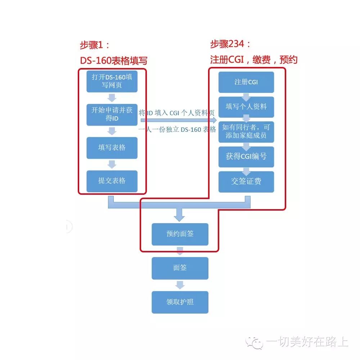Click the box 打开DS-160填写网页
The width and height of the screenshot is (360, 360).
click(112, 81)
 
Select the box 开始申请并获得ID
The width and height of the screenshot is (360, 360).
click(112, 114)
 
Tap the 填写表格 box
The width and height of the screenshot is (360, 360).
click(112, 148)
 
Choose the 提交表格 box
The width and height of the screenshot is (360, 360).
click(112, 181)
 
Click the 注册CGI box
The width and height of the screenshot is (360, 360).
click(246, 82)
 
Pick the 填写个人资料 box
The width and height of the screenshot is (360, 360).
click(246, 107)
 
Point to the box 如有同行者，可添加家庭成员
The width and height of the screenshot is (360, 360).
click(246, 132)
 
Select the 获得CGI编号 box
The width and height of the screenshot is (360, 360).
click(246, 157)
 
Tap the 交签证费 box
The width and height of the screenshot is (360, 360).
click(246, 181)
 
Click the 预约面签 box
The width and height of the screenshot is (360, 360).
click(180, 234)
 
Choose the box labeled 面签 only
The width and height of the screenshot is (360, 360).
click(180, 268)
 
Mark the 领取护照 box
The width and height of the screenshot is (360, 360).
click(180, 302)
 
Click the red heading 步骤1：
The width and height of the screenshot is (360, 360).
click(94, 45)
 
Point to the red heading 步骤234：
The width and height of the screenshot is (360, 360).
click(230, 45)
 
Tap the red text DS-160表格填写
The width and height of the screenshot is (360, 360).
click(113, 60)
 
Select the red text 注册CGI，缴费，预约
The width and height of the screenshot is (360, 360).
click(254, 59)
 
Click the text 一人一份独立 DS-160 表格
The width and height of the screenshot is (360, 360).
click(177, 130)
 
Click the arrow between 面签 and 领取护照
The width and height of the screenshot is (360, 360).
click(180, 285)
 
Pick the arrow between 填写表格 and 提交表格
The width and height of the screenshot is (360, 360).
click(112, 164)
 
